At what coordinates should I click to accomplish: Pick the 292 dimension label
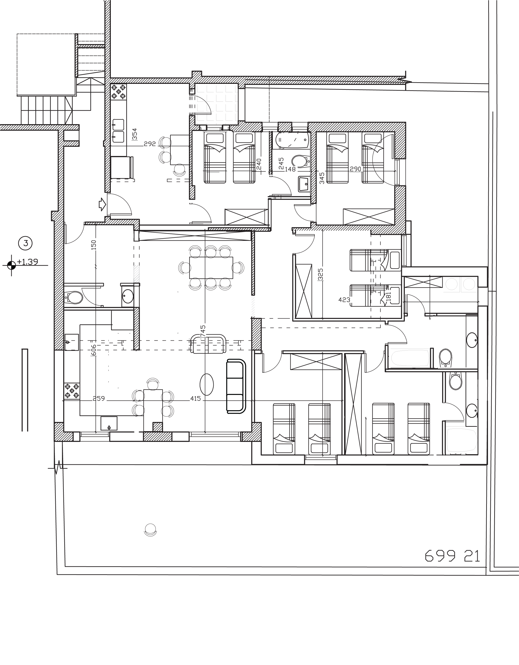tap(150, 144)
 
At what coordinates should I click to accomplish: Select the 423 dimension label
tap(344, 300)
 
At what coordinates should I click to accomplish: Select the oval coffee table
tap(206, 385)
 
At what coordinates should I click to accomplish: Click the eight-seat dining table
tap(211, 268)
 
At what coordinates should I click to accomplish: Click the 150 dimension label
tap(94, 245)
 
